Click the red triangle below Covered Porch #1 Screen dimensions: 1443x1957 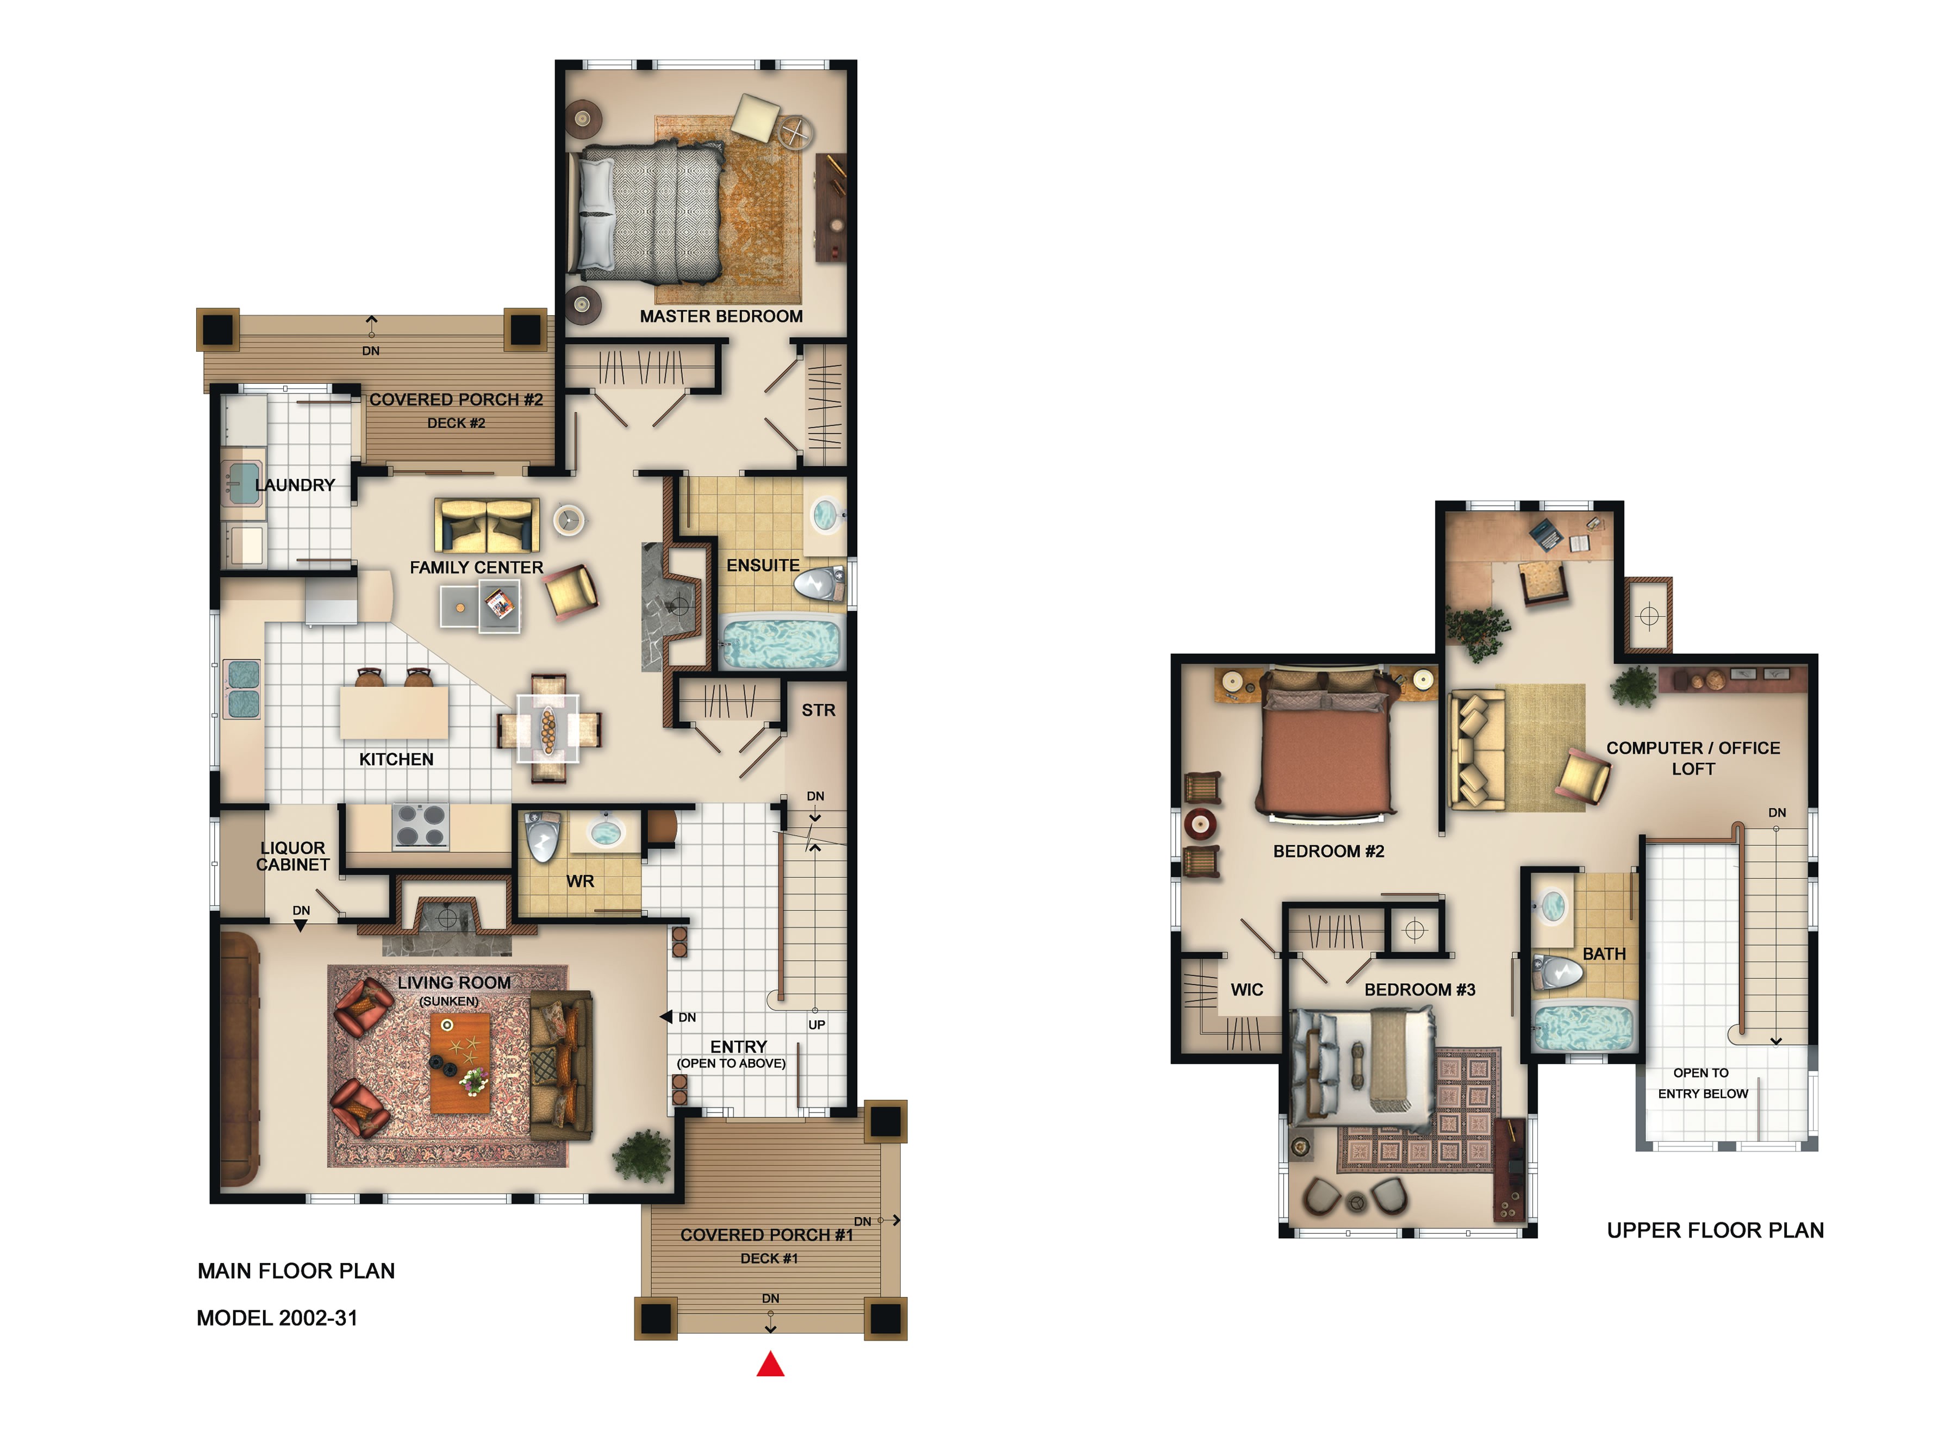coord(770,1364)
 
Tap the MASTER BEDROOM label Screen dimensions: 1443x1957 coord(721,316)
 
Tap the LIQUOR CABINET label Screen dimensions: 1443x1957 coord(292,856)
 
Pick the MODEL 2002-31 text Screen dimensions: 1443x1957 coord(277,1317)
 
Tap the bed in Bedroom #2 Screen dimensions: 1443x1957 coord(1324,748)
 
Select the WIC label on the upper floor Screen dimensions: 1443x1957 coord(1246,990)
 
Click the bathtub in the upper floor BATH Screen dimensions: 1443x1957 coord(1583,1028)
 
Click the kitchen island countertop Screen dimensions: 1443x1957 coord(394,713)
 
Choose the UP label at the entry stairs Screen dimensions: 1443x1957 coord(816,1025)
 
